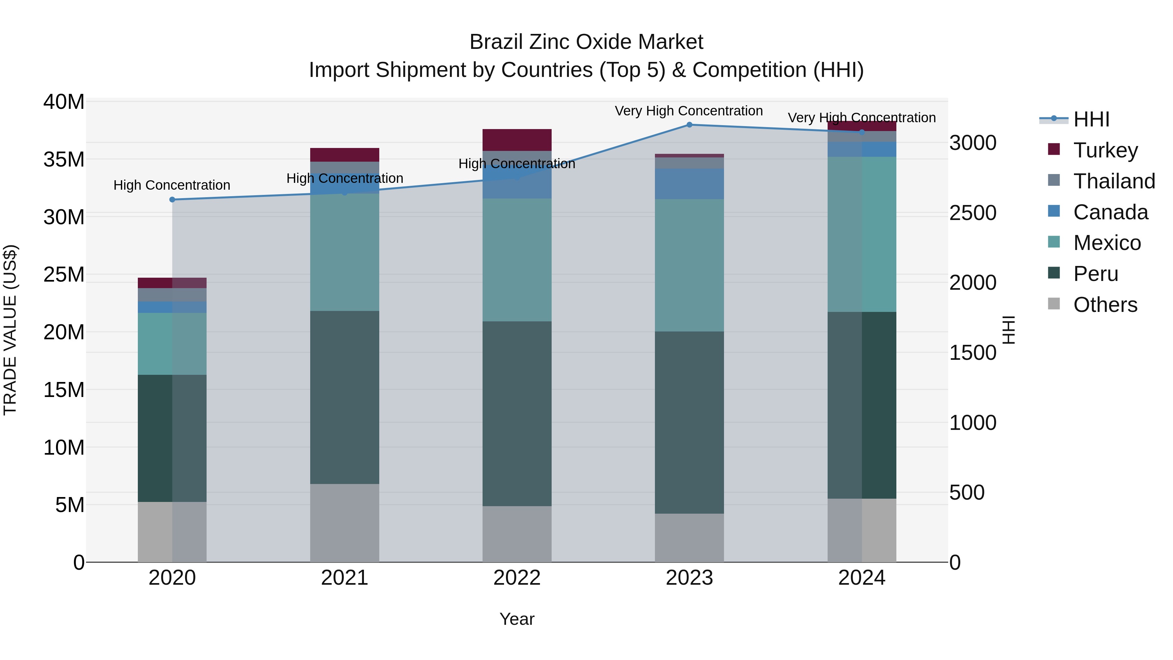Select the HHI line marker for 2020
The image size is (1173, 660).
pos(172,199)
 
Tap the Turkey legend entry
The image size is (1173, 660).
pos(1105,150)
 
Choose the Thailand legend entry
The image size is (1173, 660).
pos(1114,181)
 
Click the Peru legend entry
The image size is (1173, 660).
pos(1095,274)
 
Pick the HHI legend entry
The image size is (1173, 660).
pos(1091,119)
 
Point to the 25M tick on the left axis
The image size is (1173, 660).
pos(64,275)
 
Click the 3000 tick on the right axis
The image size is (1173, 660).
pos(973,143)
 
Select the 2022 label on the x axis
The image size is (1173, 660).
pos(517,578)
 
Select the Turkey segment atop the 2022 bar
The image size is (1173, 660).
pos(517,140)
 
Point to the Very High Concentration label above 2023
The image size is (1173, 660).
pos(688,111)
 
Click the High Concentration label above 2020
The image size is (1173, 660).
pos(172,185)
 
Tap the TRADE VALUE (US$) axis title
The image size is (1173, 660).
pos(10,330)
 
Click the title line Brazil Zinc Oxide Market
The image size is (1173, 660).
pos(586,42)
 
